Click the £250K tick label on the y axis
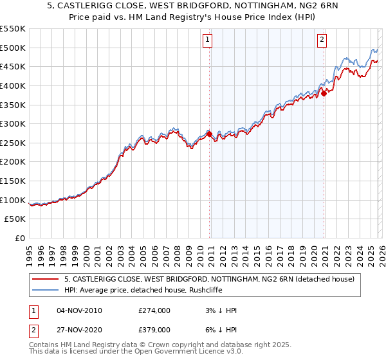point(13,143)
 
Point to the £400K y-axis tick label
point(13,85)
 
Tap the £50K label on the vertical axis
point(15,219)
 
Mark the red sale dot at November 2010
point(209,133)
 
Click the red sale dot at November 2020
point(324,93)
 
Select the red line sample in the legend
point(45,279)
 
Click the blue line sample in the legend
point(45,290)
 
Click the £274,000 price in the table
point(154,310)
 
